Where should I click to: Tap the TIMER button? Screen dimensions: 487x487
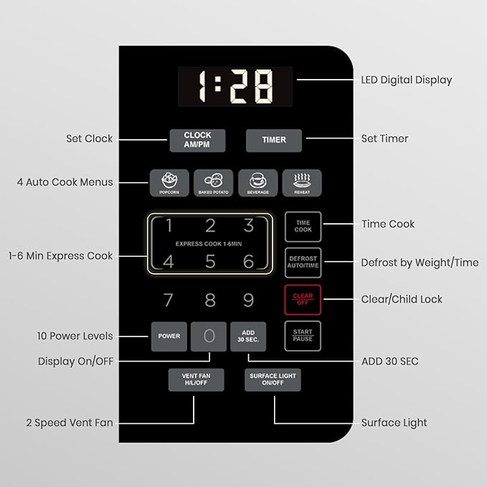tap(274, 141)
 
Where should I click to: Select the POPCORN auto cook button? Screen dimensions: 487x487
tap(169, 183)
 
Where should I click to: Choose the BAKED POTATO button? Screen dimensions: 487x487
tap(213, 183)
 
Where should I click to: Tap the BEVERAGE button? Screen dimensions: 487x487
tap(257, 183)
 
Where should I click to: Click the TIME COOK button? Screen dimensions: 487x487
tap(303, 227)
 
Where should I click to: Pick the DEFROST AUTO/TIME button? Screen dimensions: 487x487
tap(303, 263)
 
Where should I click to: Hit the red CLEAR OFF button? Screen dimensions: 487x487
tap(303, 299)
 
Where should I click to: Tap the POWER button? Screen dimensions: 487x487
tap(169, 336)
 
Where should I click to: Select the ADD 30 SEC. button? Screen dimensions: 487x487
tap(248, 336)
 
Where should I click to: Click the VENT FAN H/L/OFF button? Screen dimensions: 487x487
tap(196, 379)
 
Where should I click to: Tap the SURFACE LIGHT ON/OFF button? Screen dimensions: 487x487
tap(273, 379)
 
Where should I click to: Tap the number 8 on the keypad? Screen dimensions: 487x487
tap(210, 300)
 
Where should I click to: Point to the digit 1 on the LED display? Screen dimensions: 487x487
tap(202, 86)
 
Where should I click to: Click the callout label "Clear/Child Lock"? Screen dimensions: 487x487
tap(401, 299)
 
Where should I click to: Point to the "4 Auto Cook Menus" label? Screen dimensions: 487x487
tap(65, 182)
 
